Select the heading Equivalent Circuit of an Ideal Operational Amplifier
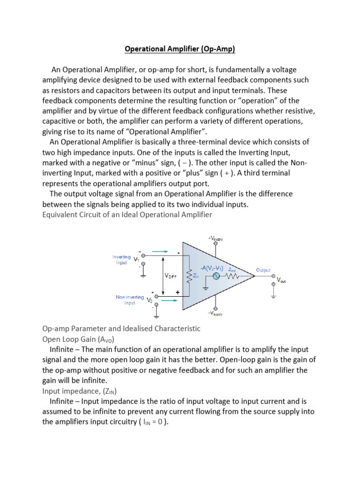pos(127,215)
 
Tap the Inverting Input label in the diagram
pos(121,260)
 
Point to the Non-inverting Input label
pos(129,300)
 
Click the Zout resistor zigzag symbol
pos(232,277)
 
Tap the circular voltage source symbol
pos(217,277)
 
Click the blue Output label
pos(263,270)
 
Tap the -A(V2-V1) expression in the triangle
pos(211,269)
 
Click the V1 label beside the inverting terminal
pos(136,259)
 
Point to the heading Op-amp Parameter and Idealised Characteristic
pos(121,329)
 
